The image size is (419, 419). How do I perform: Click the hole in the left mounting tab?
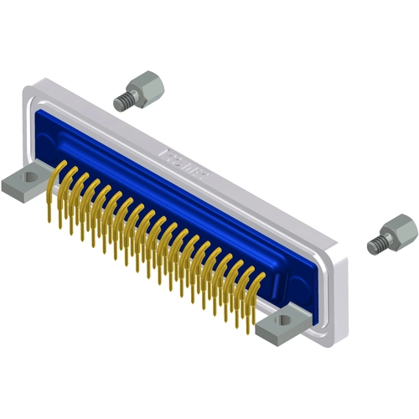[30, 178]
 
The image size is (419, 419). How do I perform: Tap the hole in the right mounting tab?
[290, 318]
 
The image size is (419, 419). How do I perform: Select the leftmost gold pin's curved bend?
[57, 173]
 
